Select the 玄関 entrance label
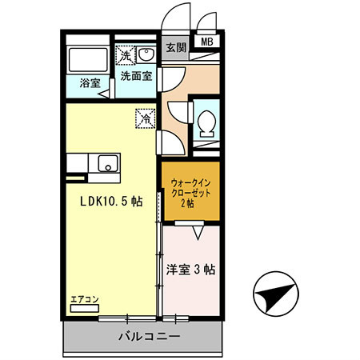[x=176, y=47]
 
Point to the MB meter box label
[x=207, y=42]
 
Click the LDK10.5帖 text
[x=110, y=202]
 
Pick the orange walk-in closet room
[x=190, y=193]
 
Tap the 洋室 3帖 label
[x=190, y=269]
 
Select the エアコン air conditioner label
[x=84, y=299]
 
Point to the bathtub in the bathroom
[x=89, y=59]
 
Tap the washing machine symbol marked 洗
[x=126, y=55]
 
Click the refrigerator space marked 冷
[x=146, y=118]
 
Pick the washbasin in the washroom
[x=148, y=54]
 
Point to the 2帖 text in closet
[x=190, y=203]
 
